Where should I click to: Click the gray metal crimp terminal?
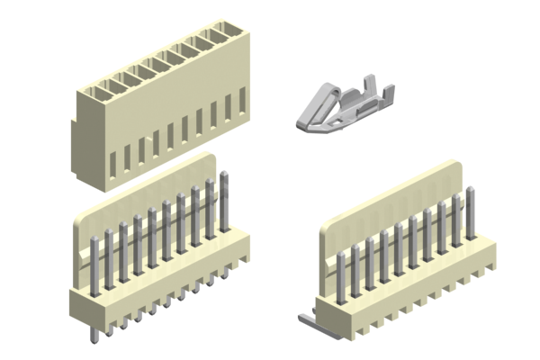[x=346, y=104]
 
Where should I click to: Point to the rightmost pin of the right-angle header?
[x=470, y=212]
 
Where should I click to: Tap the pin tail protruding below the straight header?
[x=94, y=334]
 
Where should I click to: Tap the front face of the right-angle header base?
[x=405, y=292]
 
